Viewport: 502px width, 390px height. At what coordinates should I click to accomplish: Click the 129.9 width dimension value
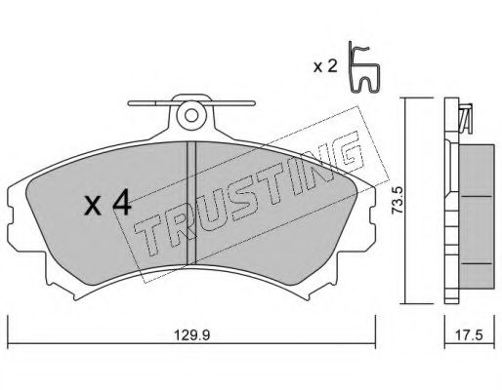pos(191,335)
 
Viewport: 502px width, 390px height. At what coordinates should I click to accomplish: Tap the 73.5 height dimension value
pos(397,200)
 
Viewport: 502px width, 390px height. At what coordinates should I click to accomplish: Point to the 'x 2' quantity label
pos(324,66)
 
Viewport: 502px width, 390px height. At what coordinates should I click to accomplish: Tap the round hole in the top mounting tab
pos(191,115)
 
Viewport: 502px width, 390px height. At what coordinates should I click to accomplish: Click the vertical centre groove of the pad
pos(191,203)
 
